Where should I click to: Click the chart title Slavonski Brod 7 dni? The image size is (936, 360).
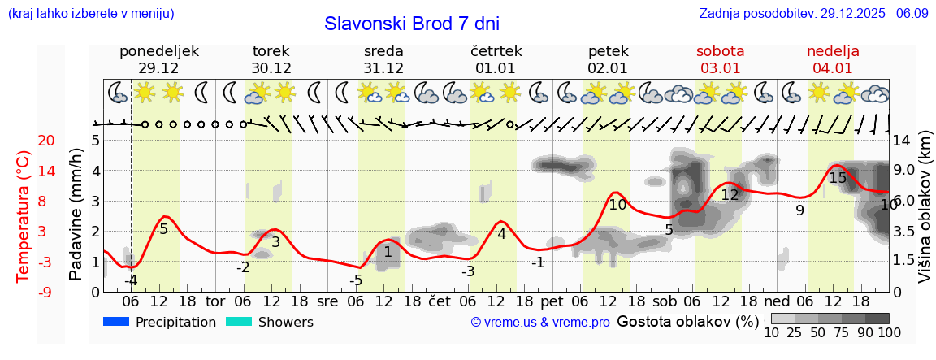pyautogui.click(x=412, y=24)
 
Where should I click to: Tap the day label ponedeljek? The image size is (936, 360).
pyautogui.click(x=158, y=51)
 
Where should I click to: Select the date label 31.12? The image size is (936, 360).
pyautogui.click(x=383, y=68)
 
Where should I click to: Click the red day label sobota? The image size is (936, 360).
pyautogui.click(x=721, y=51)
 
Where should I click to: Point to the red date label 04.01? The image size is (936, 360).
pyautogui.click(x=833, y=68)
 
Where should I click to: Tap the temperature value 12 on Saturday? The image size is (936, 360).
pyautogui.click(x=730, y=195)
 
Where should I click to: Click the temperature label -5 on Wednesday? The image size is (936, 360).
pyautogui.click(x=356, y=280)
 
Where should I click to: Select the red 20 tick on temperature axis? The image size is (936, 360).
pyautogui.click(x=24, y=141)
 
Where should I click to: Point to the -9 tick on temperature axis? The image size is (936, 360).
pyautogui.click(x=24, y=292)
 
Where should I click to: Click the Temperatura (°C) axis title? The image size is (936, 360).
pyautogui.click(x=24, y=215)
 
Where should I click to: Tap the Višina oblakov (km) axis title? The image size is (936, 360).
pyautogui.click(x=925, y=215)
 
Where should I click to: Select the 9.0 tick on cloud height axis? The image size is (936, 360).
pyautogui.click(x=905, y=171)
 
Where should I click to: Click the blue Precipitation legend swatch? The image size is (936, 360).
pyautogui.click(x=116, y=322)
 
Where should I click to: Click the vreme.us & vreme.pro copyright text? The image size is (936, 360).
pyautogui.click(x=540, y=323)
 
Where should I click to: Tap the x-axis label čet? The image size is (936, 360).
pyautogui.click(x=439, y=301)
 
